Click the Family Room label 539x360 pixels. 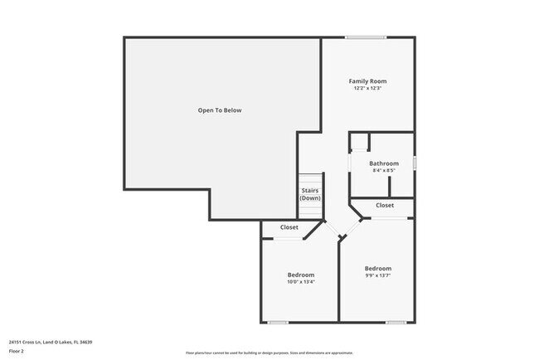(x=367, y=81)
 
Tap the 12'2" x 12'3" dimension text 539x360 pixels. (x=367, y=89)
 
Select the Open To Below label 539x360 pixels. (x=220, y=110)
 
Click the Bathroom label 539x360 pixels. (x=384, y=163)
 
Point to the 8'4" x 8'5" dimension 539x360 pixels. (x=384, y=171)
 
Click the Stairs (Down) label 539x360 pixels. (x=310, y=195)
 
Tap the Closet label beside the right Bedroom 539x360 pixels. (x=385, y=205)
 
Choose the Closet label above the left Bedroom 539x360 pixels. (x=289, y=227)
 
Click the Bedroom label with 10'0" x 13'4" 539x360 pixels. (x=301, y=275)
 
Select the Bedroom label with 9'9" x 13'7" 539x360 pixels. (x=378, y=269)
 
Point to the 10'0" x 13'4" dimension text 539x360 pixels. (x=301, y=282)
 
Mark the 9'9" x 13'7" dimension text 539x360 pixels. (x=378, y=276)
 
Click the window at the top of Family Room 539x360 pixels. (x=366, y=37)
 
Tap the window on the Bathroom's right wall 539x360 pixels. (x=414, y=163)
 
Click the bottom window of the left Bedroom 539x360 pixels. (x=278, y=322)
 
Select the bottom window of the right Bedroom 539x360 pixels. (x=396, y=322)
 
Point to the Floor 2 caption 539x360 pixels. (x=17, y=353)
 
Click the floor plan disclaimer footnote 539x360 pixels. (x=269, y=353)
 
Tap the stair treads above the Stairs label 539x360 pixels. (x=310, y=180)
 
